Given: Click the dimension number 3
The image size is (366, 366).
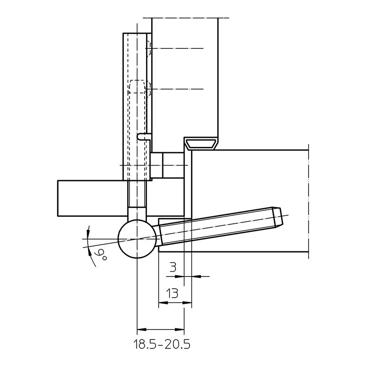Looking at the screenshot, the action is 173,267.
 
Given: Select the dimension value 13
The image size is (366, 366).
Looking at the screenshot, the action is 172,293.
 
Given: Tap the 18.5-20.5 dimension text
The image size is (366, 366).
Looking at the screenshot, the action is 162,344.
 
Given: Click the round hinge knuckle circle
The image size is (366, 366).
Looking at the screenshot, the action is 137,239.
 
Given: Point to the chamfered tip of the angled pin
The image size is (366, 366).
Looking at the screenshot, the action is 278,217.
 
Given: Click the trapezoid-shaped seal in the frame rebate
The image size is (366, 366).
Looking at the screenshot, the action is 201,144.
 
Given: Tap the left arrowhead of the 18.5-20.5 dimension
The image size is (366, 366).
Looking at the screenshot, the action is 141,329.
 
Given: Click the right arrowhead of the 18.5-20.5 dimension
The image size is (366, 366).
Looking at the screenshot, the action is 180,329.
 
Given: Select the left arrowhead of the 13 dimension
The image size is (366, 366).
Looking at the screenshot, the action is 163,303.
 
